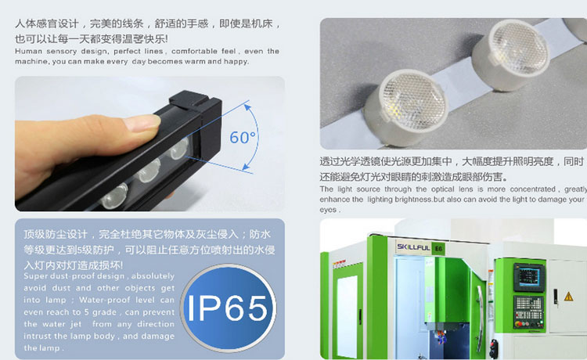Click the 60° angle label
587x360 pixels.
[x=243, y=137]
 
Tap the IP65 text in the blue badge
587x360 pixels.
[x=227, y=308]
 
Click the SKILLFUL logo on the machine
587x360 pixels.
[x=413, y=247]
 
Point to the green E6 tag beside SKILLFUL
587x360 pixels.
[x=438, y=249]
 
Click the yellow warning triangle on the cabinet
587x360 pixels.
[x=568, y=297]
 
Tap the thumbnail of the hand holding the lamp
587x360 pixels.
[x=149, y=144]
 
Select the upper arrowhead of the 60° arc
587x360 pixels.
[x=247, y=108]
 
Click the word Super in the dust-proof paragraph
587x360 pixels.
[x=34, y=276]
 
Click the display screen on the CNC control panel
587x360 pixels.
[x=529, y=277]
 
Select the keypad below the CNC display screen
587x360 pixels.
[x=528, y=308]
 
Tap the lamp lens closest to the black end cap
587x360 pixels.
[x=178, y=148]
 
